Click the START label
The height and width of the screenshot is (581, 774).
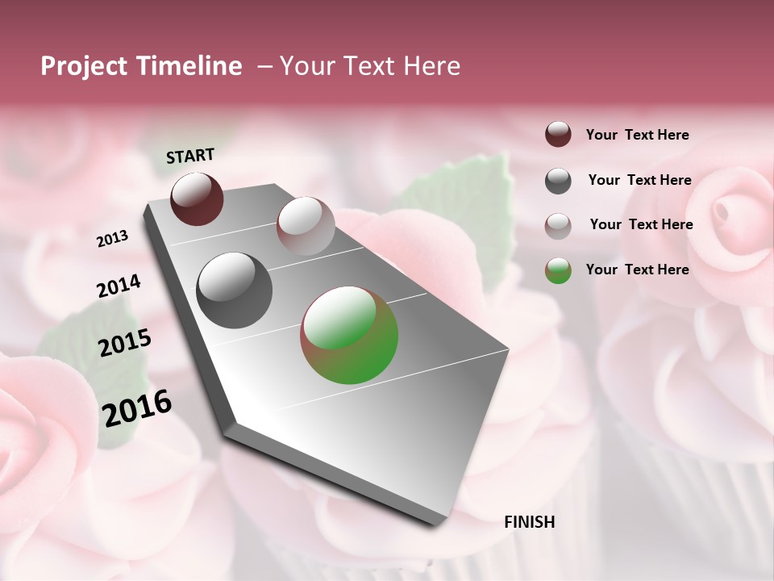pos(190,156)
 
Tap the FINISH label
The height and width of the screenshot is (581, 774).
pos(529,522)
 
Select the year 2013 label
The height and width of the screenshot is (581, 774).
pos(113,238)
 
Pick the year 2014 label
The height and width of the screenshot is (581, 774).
pos(119,286)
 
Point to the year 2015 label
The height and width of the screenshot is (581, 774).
pos(125,343)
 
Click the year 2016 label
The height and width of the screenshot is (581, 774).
pos(137,408)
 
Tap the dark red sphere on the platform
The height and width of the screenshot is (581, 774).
pos(197,199)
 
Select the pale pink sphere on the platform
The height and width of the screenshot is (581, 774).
pos(306,226)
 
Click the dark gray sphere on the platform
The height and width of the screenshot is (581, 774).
pos(235,290)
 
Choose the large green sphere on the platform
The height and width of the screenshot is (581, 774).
pos(349,335)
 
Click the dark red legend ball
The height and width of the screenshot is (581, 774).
pos(558,135)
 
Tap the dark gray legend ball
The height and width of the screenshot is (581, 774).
pos(558,181)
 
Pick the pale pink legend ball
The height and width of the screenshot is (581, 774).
pos(558,225)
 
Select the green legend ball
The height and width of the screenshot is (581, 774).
pos(558,270)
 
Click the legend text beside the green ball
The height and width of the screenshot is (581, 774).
pos(637,270)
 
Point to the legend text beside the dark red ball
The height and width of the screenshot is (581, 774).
pos(637,135)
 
